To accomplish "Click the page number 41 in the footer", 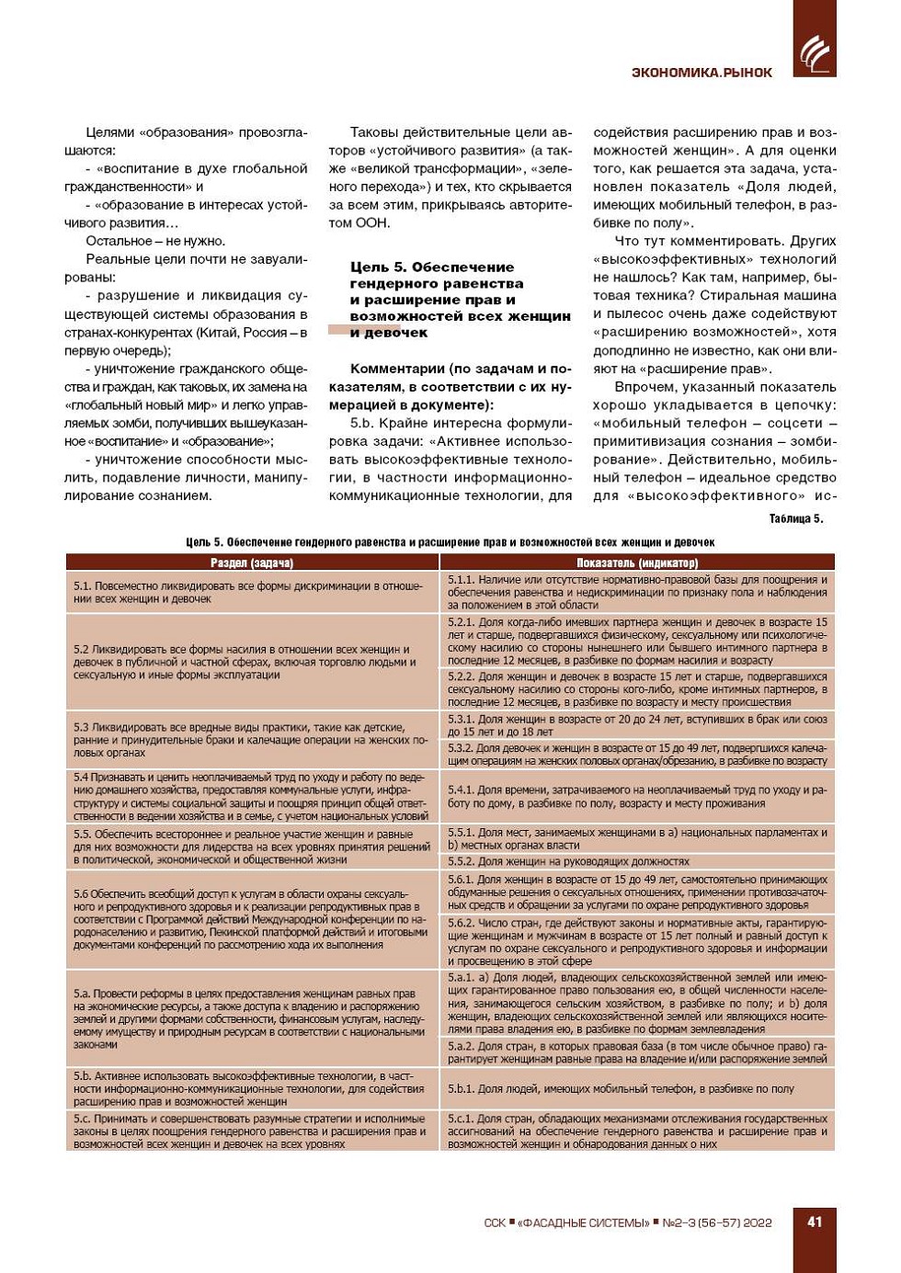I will [x=815, y=1222].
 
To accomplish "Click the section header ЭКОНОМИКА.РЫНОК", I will [x=701, y=73].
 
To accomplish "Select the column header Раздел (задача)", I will [x=252, y=563].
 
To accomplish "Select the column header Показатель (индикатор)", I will [x=637, y=563].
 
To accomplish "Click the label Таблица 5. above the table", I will [x=795, y=519].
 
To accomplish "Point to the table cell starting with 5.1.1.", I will [x=637, y=592].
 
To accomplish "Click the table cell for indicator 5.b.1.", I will [x=637, y=1088].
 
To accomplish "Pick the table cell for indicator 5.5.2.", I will [x=637, y=861].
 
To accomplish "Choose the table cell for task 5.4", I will [x=252, y=796].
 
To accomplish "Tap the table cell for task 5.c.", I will [x=252, y=1131].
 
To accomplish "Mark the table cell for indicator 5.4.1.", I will [x=637, y=796].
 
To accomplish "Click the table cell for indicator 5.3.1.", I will [x=637, y=725].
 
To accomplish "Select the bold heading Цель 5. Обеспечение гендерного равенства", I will [x=460, y=299].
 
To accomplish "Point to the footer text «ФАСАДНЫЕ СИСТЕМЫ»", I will [x=583, y=1222].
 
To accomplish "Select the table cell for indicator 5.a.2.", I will [x=637, y=1052].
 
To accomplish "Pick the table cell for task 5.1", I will [x=252, y=592].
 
